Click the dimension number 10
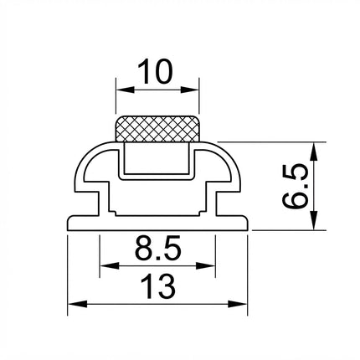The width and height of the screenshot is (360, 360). [155, 72]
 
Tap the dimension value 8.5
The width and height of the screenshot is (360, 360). [158, 248]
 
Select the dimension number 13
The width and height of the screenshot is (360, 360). [158, 286]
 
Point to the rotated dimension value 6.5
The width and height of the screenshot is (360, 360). [295, 186]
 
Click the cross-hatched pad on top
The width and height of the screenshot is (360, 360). [157, 129]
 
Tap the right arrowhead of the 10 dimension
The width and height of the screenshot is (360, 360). [190, 90]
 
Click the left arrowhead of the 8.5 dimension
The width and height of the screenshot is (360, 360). [110, 265]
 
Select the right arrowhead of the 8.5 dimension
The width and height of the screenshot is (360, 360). [205, 265]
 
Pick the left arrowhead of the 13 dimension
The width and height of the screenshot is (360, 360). [78, 304]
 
